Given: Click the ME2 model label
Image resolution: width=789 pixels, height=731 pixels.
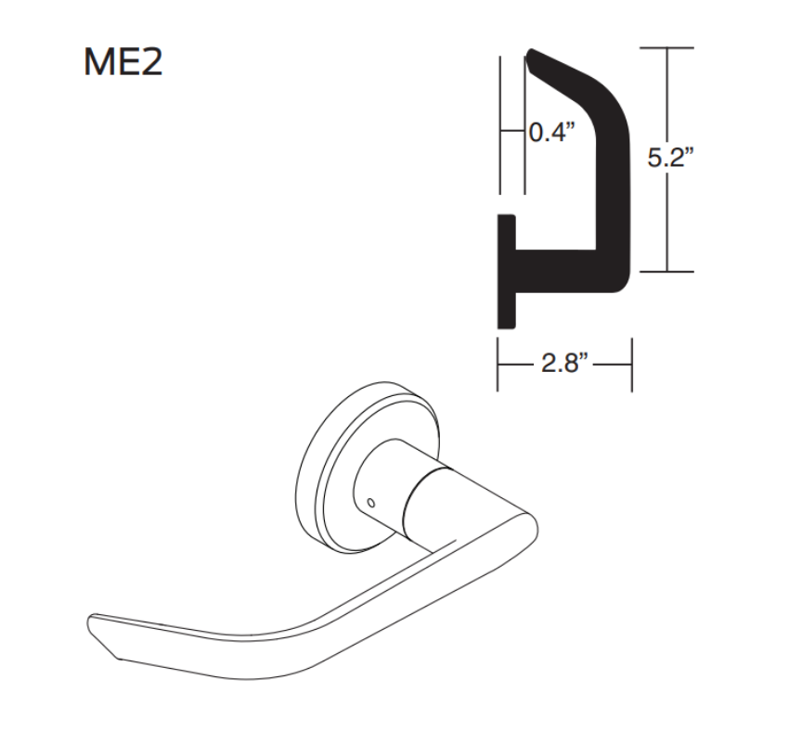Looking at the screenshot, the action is point(123,62).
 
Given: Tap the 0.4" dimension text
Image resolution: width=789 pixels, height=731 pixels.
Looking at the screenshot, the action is point(552,132).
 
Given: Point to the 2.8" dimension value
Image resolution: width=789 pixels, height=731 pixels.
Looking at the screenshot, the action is point(564,363).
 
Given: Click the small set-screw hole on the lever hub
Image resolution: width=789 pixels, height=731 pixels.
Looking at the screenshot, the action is point(371,502).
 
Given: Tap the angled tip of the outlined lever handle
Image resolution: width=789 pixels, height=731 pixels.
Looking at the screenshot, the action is point(103,635).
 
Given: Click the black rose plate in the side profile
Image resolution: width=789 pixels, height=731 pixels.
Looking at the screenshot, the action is point(507,272).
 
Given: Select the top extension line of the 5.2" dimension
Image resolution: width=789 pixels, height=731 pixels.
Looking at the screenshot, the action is point(666,47).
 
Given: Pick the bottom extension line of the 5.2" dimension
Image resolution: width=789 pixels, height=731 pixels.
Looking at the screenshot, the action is point(666,272).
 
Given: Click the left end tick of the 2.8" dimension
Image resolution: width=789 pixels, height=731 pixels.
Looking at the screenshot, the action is point(498,364).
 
